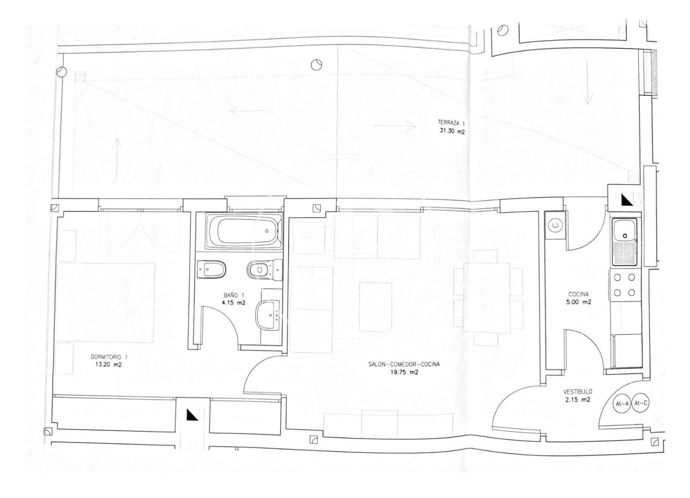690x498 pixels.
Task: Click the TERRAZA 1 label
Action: pyautogui.click(x=451, y=123)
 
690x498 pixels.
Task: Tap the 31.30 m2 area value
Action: pyautogui.click(x=452, y=131)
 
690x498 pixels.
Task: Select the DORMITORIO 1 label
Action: pyautogui.click(x=109, y=357)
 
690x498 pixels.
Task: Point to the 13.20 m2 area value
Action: pyautogui.click(x=108, y=364)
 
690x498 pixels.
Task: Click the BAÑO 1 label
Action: pyautogui.click(x=234, y=295)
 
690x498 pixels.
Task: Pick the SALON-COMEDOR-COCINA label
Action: pyautogui.click(x=404, y=364)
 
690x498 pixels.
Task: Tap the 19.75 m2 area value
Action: pyautogui.click(x=404, y=372)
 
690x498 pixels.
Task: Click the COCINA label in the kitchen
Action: pyautogui.click(x=579, y=294)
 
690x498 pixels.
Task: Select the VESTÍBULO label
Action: pyautogui.click(x=578, y=391)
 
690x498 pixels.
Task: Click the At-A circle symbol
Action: pyautogui.click(x=621, y=403)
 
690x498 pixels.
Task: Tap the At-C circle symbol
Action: pyautogui.click(x=640, y=403)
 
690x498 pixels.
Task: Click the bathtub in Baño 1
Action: pyautogui.click(x=244, y=231)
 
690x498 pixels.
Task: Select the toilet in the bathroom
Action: pyautogui.click(x=265, y=270)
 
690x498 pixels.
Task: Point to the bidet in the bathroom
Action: pyautogui.click(x=211, y=270)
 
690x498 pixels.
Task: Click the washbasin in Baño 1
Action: pyautogui.click(x=267, y=315)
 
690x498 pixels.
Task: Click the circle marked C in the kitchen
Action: pyautogui.click(x=555, y=226)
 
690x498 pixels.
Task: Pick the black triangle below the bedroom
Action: pyautogui.click(x=192, y=415)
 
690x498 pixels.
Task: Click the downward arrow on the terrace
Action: pyautogui.click(x=587, y=83)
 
